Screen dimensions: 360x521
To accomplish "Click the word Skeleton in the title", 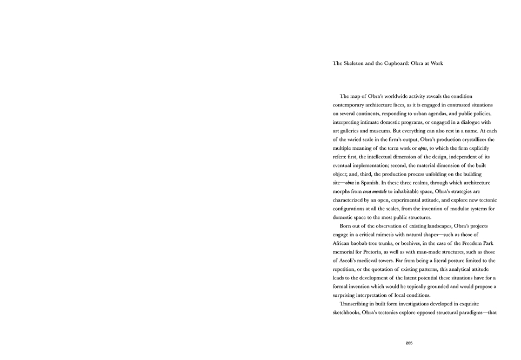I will tap(355, 63).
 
